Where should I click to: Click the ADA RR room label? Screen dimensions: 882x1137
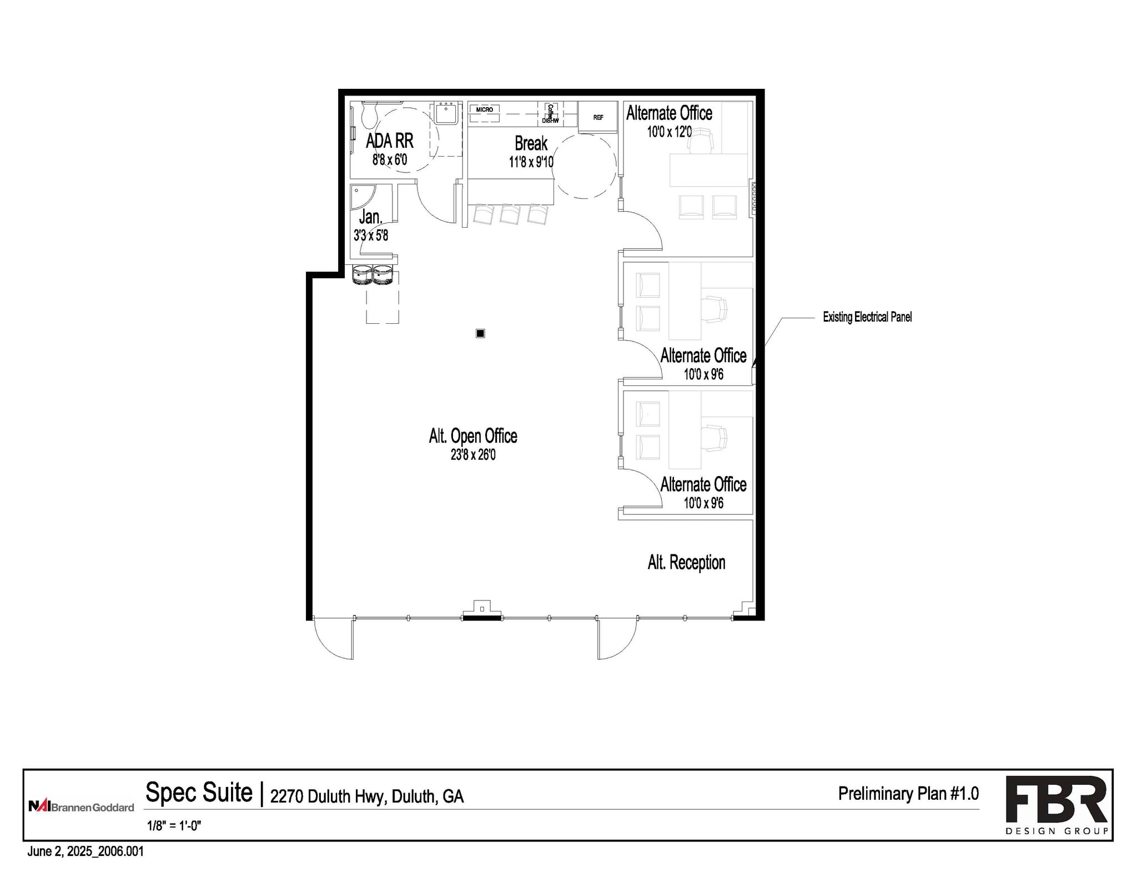click(389, 141)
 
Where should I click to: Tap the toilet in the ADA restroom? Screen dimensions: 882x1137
click(368, 115)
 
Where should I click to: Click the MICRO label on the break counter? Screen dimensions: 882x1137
click(484, 109)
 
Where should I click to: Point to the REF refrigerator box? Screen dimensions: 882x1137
click(598, 117)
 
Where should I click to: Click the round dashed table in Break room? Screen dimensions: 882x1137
click(584, 166)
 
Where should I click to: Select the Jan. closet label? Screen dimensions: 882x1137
click(370, 217)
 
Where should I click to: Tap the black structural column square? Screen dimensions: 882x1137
click(480, 333)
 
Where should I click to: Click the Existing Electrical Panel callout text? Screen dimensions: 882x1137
click(867, 317)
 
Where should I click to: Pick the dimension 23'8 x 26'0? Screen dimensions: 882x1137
click(473, 455)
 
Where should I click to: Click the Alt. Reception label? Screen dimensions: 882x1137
click(686, 563)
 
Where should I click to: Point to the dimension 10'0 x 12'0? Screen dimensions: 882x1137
click(669, 132)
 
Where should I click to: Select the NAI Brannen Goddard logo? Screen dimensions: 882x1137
click(81, 806)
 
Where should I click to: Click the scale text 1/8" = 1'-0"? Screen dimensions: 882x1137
click(174, 825)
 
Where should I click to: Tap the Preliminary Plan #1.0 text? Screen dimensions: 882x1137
click(908, 794)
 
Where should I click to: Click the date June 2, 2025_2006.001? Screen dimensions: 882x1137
click(85, 851)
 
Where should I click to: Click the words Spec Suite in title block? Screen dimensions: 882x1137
click(199, 793)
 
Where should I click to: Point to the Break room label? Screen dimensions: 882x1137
click(531, 143)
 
